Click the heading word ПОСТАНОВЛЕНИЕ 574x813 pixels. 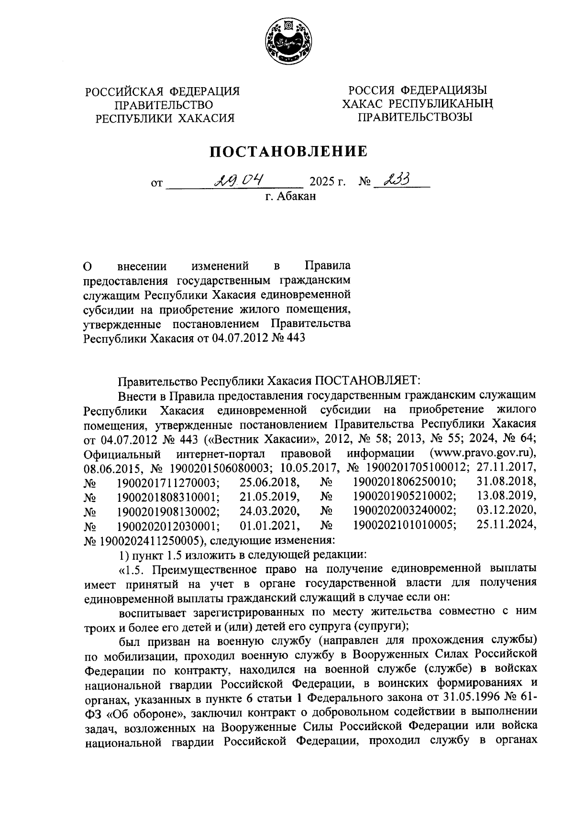(x=289, y=152)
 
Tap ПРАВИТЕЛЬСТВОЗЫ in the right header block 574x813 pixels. (x=416, y=116)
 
